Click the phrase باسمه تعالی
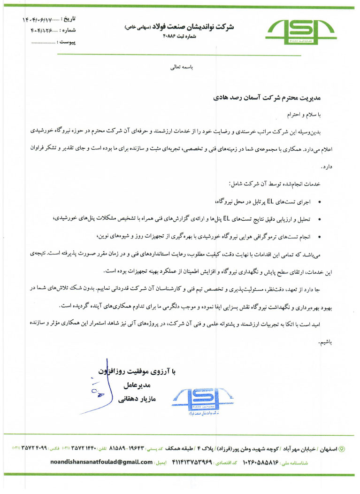[181, 67]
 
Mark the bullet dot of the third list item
[320, 236]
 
